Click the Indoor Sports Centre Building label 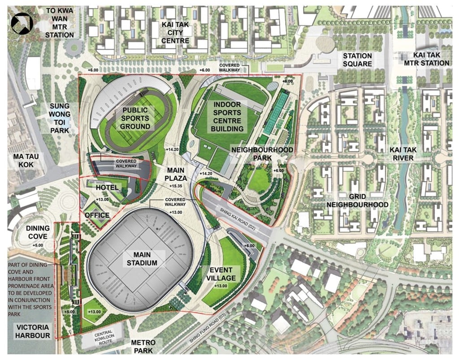click(228, 116)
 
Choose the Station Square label click(357, 60)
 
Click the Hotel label click(106, 187)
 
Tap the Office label click(97, 215)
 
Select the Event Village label click(220, 274)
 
